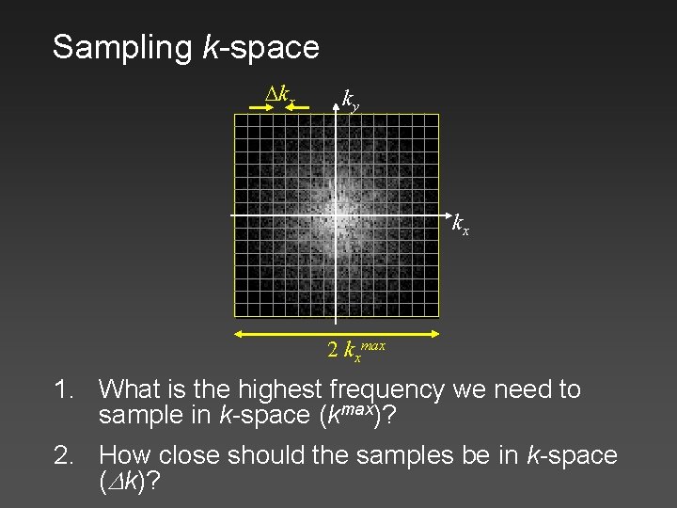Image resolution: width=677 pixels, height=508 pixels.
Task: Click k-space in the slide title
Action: (260, 47)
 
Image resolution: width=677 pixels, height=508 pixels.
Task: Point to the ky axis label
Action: (350, 98)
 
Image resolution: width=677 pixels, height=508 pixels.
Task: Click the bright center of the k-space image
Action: (336, 214)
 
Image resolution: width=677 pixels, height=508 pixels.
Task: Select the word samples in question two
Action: (417, 456)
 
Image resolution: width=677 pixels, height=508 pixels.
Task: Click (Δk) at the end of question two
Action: (127, 483)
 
